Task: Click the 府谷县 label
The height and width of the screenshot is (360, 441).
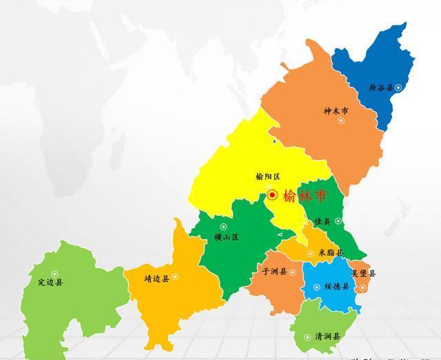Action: click(380, 88)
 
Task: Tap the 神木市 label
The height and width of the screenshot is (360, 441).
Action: click(336, 110)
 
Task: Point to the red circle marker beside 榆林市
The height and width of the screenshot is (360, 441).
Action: click(273, 195)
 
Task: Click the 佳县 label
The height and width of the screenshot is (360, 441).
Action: click(322, 221)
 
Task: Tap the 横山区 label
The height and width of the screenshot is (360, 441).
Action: click(226, 237)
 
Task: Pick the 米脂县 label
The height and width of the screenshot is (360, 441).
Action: click(330, 252)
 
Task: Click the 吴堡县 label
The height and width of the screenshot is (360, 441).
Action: click(363, 273)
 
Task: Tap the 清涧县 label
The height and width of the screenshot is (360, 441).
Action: click(327, 337)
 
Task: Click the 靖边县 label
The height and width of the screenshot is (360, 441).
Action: click(156, 279)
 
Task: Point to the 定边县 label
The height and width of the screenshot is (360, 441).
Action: click(50, 282)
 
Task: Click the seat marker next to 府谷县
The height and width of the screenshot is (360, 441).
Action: click(398, 88)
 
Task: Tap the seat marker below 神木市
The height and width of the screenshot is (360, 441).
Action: click(340, 121)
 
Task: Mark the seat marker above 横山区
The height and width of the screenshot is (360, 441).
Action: click(223, 226)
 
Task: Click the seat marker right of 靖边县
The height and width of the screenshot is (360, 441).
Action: click(174, 277)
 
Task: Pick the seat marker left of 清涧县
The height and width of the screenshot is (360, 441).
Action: click(307, 337)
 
